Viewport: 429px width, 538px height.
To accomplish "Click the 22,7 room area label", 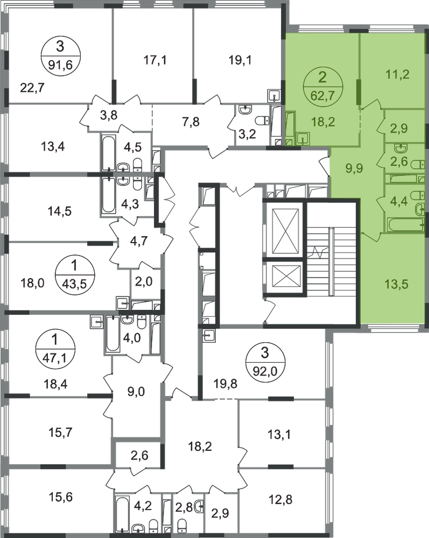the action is click(33, 88).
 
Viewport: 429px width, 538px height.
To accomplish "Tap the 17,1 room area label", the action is click(155, 60).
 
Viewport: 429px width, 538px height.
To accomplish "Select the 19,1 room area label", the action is click(240, 60).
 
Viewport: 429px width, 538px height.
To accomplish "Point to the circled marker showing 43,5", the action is click(75, 275).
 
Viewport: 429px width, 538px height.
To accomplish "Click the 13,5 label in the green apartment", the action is click(397, 284).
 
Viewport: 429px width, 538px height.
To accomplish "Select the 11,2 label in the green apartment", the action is click(397, 74).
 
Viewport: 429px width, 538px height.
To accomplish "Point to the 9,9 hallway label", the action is click(354, 168).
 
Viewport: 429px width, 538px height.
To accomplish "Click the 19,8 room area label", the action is click(226, 383).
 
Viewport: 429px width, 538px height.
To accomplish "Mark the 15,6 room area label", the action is click(60, 497).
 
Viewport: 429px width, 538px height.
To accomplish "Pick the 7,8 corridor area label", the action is click(191, 122).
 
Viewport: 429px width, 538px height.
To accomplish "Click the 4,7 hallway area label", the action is click(139, 241).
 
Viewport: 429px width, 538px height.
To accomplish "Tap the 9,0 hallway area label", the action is click(136, 392).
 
